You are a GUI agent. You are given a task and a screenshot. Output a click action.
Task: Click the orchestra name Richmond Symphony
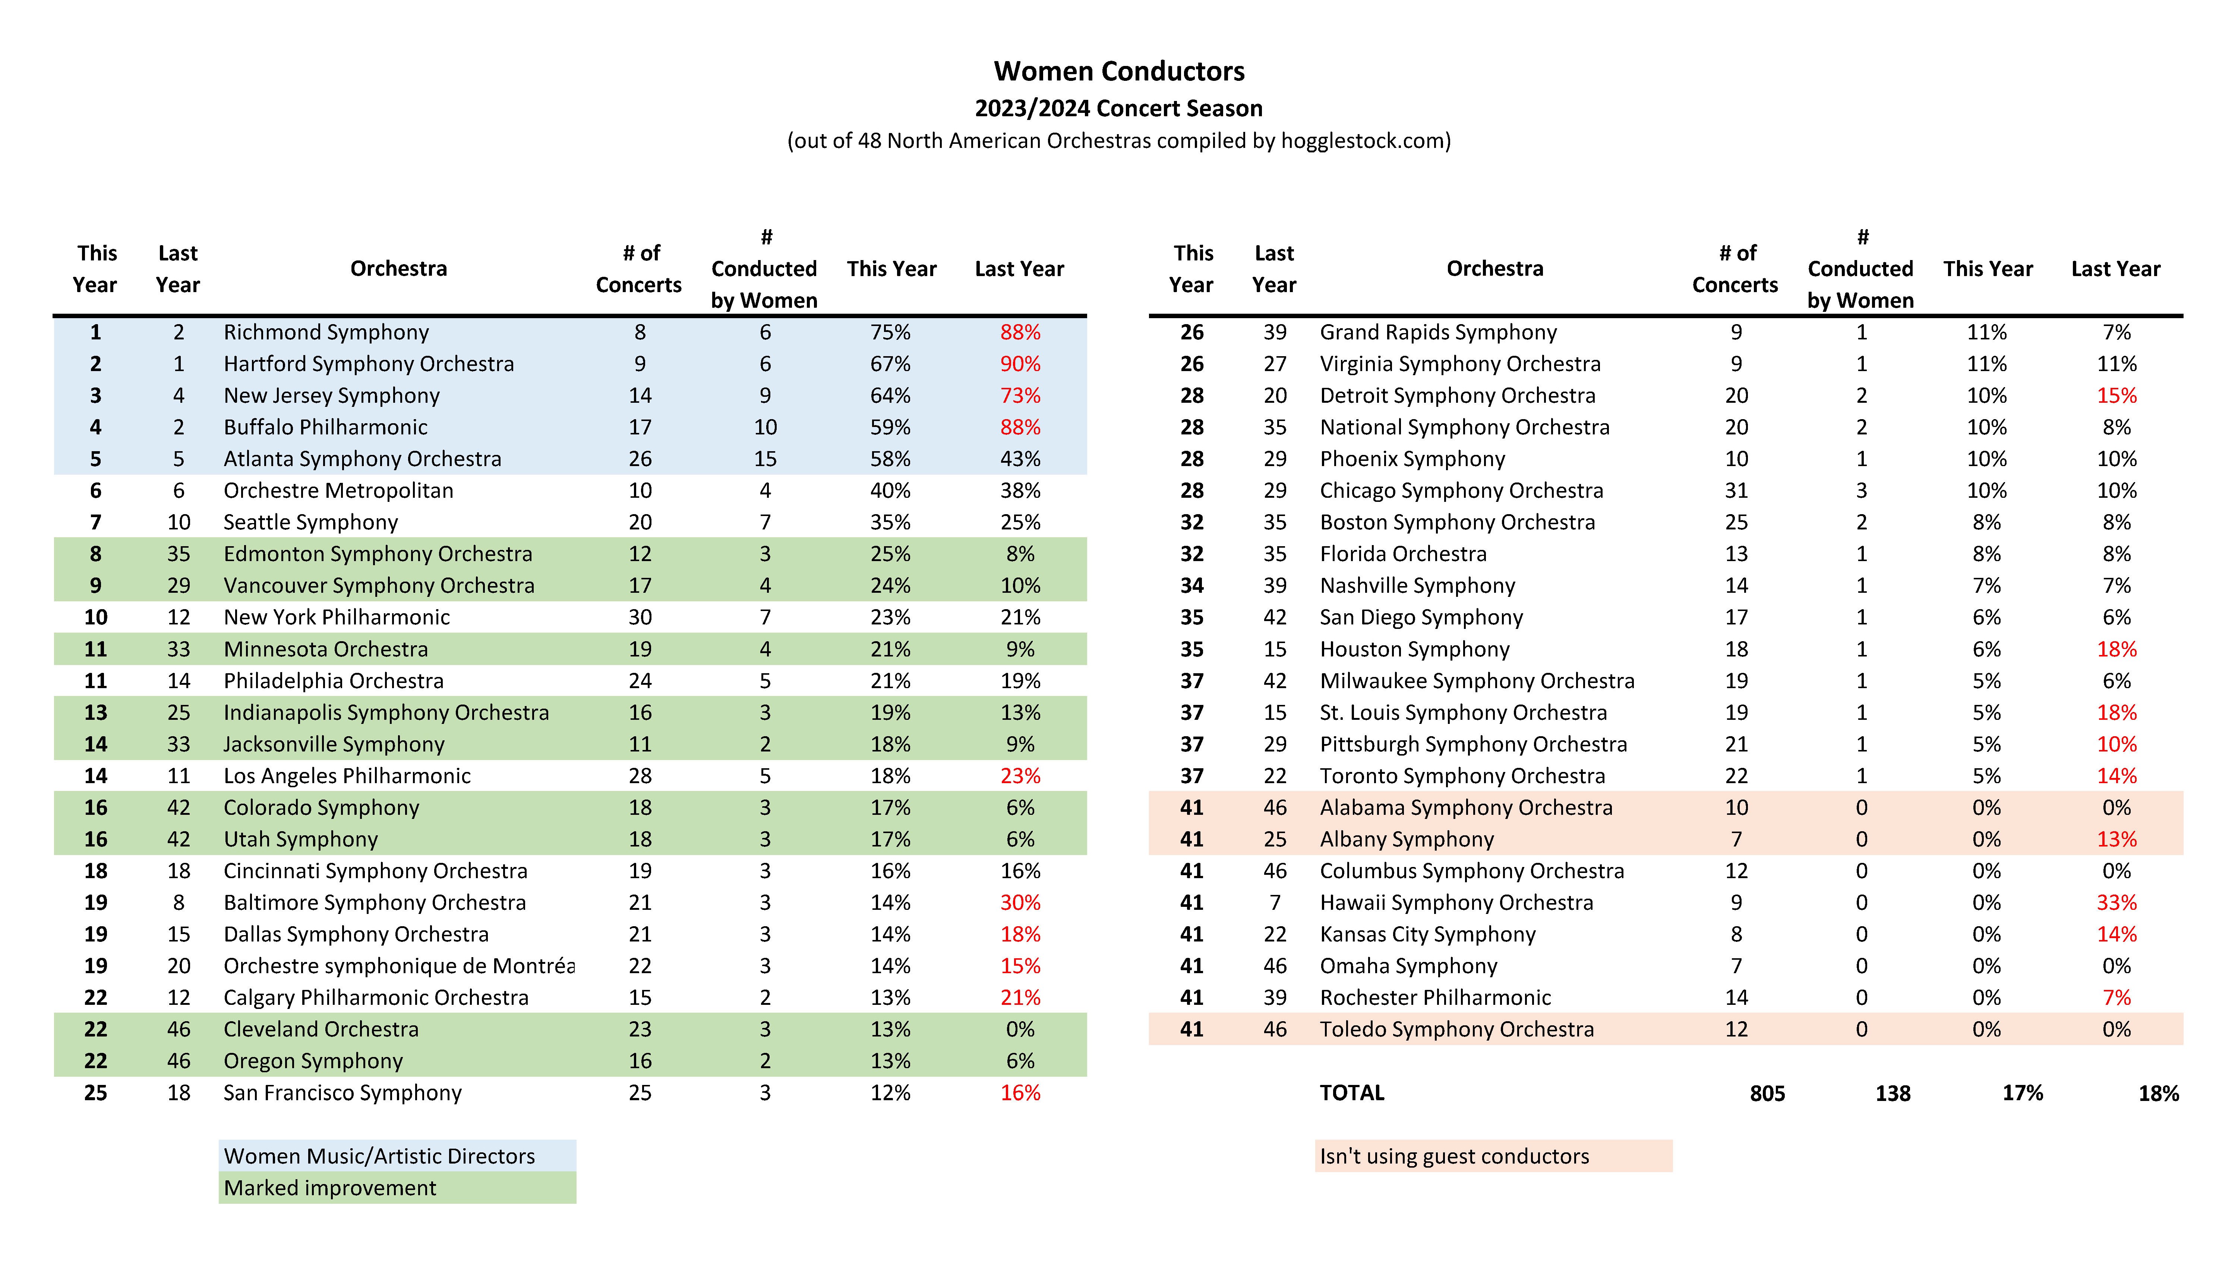point(326,332)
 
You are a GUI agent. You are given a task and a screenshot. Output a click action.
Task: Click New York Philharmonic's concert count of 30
point(640,617)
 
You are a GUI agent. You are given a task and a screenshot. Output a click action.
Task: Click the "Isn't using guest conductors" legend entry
point(1454,1156)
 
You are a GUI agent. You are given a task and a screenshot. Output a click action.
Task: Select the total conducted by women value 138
point(1893,1094)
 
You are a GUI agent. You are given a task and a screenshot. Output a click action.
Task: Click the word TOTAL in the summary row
point(1351,1093)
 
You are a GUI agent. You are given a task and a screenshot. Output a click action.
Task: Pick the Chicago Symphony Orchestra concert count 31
point(1736,490)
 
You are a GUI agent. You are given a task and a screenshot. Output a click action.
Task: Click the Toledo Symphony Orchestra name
point(1457,1029)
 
